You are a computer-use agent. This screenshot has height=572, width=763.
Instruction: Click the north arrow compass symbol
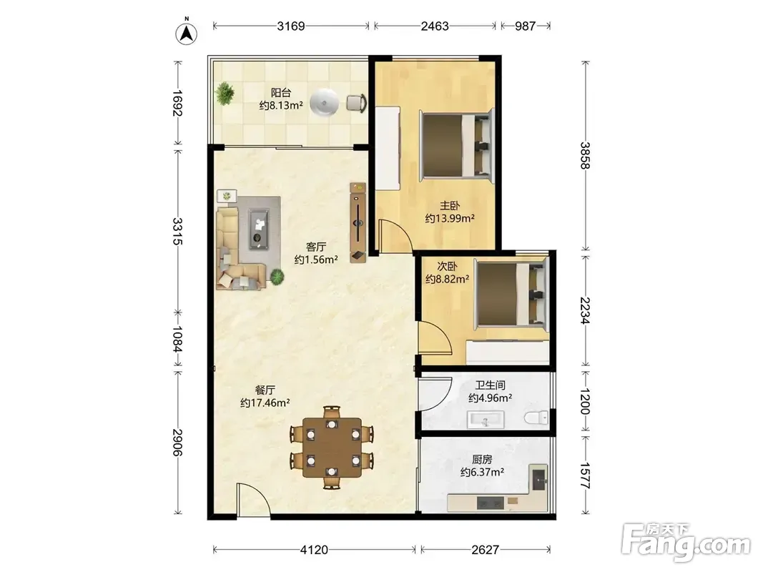pyautogui.click(x=186, y=33)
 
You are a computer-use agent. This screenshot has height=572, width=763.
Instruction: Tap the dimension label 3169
pyautogui.click(x=290, y=26)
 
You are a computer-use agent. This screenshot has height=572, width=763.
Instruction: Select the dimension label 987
pyautogui.click(x=525, y=26)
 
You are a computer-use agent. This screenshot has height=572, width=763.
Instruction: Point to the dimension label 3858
pyautogui.click(x=585, y=156)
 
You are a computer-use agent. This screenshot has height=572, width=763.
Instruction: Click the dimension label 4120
pyautogui.click(x=314, y=550)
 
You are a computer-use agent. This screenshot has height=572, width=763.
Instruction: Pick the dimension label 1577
pyautogui.click(x=585, y=475)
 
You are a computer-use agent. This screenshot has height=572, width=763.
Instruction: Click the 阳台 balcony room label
pyautogui.click(x=281, y=92)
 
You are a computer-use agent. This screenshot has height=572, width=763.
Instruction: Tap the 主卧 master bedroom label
pyautogui.click(x=450, y=206)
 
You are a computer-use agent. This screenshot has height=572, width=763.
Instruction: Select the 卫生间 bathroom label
pyautogui.click(x=490, y=385)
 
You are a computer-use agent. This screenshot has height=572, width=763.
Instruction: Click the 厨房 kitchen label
pyautogui.click(x=482, y=459)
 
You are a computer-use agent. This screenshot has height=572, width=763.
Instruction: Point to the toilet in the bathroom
pyautogui.click(x=536, y=418)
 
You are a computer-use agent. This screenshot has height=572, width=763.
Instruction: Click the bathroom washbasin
pyautogui.click(x=485, y=420)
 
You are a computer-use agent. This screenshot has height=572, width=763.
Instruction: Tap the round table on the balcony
pyautogui.click(x=325, y=103)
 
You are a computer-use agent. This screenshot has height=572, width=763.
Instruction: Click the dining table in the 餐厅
pyautogui.click(x=332, y=447)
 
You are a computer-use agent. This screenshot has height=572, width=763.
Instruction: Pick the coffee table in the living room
pyautogui.click(x=259, y=229)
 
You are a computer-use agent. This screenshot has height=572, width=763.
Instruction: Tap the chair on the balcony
pyautogui.click(x=356, y=103)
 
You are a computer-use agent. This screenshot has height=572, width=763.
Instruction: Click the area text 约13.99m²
pyautogui.click(x=450, y=219)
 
